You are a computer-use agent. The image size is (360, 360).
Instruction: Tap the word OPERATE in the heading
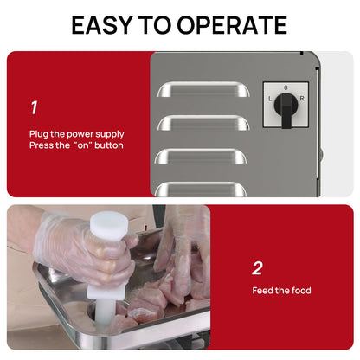pos(232,25)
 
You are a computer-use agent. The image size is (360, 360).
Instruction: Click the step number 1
pos(35,107)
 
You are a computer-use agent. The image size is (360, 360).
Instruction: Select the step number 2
pos(257,268)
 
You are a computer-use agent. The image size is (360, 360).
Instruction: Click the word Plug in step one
pos(39,134)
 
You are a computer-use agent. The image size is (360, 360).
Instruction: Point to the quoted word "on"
pos(83,145)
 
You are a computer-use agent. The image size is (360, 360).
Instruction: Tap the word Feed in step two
pos(261,290)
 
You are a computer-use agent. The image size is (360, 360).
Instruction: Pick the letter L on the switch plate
pos(270,99)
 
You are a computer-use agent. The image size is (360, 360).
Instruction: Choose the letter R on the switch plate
pos(302,99)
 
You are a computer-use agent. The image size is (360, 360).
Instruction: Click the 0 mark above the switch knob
pos(286,87)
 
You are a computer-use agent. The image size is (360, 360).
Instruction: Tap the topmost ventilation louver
pos(203,89)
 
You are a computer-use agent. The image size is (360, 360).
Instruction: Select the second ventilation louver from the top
pos(203,123)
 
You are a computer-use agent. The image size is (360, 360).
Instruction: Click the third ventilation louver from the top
pos(201,156)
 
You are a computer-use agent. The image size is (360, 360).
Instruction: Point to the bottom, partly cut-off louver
pos(201,190)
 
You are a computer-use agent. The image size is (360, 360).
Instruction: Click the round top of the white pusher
pos(109,222)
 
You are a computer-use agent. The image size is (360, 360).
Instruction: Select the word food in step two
pos(301,290)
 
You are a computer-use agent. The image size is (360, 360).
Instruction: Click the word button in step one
pos(109,145)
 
